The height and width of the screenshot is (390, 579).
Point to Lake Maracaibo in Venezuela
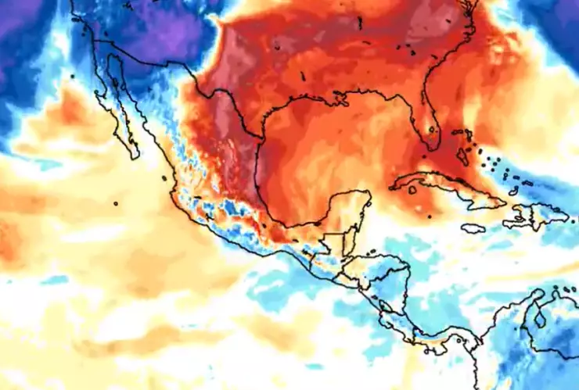click(538, 316)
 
